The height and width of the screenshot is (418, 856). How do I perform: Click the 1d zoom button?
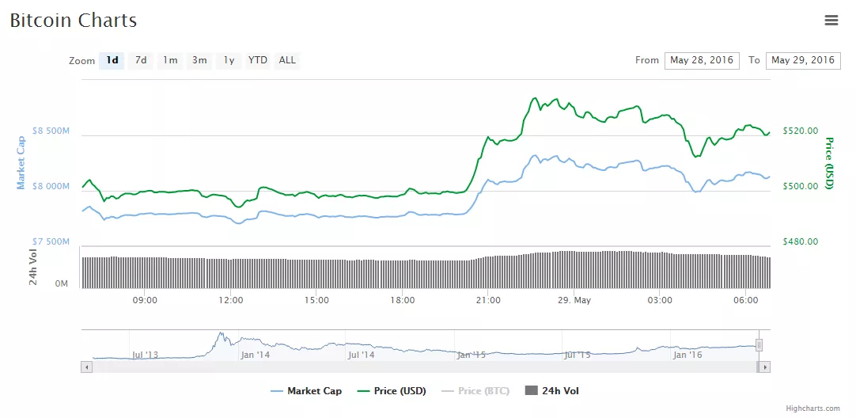[112, 60]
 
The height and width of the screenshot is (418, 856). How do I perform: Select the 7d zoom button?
[141, 60]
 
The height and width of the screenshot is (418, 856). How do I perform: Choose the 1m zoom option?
[170, 60]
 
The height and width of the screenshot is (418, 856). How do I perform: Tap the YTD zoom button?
[257, 60]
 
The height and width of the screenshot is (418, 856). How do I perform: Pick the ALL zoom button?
[287, 60]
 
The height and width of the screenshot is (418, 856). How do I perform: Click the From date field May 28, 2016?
[702, 60]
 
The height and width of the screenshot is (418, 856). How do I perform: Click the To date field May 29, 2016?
[802, 60]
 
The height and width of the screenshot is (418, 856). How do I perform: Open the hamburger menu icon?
[831, 21]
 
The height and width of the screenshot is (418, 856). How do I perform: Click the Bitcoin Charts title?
[74, 21]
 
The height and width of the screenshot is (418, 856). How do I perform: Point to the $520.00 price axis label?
[799, 131]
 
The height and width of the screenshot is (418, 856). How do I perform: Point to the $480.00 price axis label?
[799, 241]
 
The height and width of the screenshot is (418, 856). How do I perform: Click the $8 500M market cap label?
[51, 131]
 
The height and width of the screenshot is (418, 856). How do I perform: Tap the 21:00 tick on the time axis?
[488, 300]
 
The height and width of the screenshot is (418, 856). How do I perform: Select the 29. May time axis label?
[574, 300]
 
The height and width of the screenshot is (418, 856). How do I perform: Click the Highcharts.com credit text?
[812, 408]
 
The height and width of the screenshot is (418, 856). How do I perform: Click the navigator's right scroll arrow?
[764, 367]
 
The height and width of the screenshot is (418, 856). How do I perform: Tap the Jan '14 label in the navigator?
[256, 355]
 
